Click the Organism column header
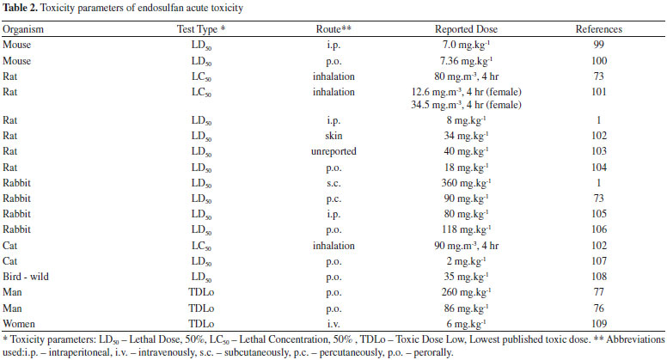(23, 29)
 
